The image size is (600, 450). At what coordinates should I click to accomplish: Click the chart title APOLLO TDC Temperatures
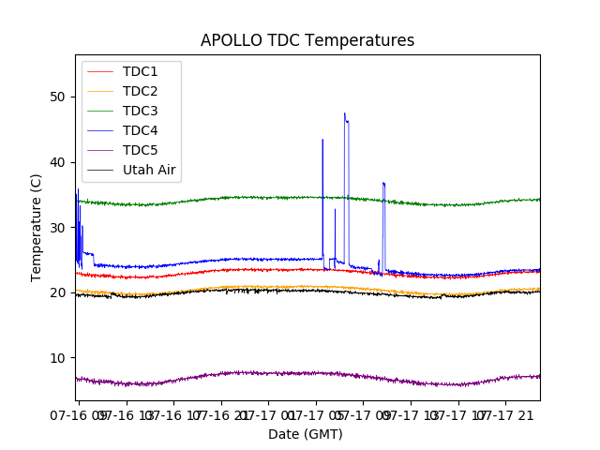(x=307, y=40)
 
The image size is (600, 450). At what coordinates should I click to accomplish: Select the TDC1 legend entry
(x=140, y=71)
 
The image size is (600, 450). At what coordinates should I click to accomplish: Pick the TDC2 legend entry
(x=140, y=91)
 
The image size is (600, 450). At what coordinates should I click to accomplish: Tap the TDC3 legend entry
(x=140, y=111)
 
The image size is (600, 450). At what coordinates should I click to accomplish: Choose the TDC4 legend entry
(x=140, y=130)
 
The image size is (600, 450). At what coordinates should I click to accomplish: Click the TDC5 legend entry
(x=140, y=150)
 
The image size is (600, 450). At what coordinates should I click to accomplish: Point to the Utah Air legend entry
(x=149, y=170)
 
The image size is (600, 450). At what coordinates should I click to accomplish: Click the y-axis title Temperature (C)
(x=37, y=227)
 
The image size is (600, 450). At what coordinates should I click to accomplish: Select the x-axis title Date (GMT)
(x=306, y=434)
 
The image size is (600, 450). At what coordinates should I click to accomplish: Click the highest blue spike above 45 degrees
(x=344, y=113)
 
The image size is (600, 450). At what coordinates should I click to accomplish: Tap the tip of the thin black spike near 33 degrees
(x=335, y=209)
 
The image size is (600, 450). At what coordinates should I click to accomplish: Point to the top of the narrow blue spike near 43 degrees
(x=322, y=140)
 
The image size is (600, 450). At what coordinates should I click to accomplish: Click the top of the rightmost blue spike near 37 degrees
(x=383, y=183)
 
